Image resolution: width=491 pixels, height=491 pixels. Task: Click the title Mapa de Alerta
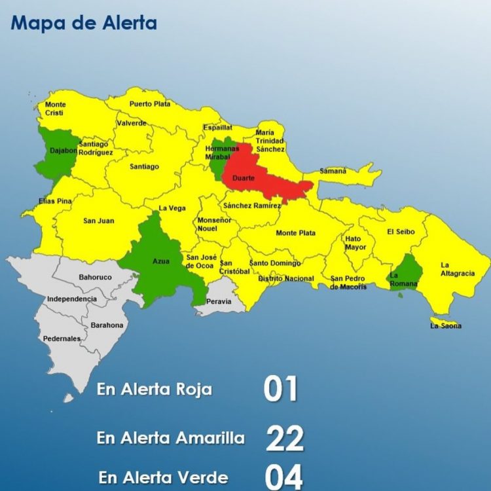tap(84, 24)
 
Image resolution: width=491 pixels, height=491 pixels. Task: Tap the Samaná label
tap(333, 171)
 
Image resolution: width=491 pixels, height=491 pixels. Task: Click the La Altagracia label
tap(458, 269)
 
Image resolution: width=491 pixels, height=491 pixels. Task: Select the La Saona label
tap(445, 325)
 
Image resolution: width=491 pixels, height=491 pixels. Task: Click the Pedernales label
tap(62, 338)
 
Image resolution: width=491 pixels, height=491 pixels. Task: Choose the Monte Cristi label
tap(55, 109)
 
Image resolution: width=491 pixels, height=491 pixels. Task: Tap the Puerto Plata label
tap(149, 103)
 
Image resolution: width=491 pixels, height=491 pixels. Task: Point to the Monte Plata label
tap(295, 233)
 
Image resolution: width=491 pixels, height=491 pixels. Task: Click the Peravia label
tap(218, 302)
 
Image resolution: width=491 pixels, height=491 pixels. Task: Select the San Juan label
tap(98, 221)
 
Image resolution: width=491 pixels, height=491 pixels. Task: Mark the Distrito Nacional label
tap(285, 278)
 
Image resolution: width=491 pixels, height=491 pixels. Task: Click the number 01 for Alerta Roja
tap(281, 388)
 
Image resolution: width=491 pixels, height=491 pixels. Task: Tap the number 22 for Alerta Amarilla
tap(285, 438)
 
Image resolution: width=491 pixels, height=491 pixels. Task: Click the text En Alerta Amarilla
tap(171, 438)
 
